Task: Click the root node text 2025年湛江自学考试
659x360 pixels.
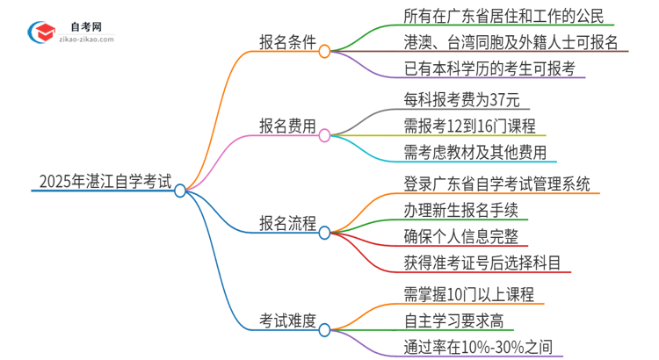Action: tap(105, 182)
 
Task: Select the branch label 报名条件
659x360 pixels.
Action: tap(287, 42)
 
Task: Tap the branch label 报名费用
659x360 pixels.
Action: tap(287, 126)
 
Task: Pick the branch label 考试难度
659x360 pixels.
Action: tap(287, 320)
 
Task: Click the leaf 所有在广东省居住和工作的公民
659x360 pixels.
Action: tap(482, 15)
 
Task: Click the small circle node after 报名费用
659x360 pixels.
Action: tap(324, 135)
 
